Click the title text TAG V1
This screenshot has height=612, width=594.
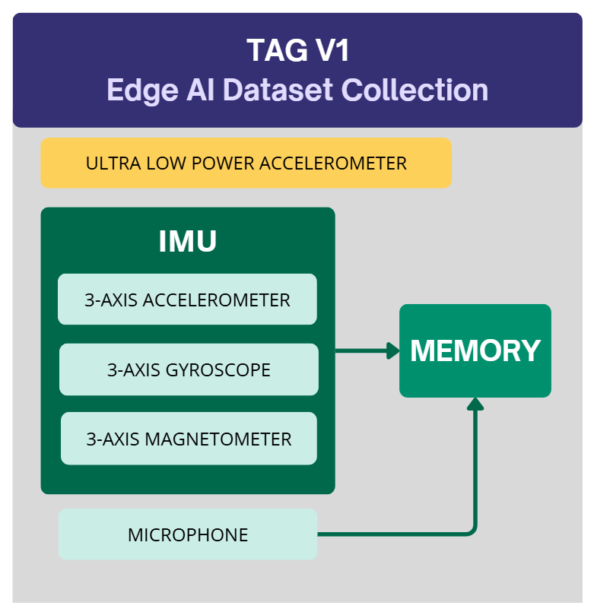(297, 51)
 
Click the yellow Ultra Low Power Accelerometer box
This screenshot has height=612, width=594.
(246, 163)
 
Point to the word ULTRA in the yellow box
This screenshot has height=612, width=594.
(108, 163)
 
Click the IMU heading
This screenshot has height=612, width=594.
(187, 241)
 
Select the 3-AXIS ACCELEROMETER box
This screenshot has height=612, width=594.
(187, 300)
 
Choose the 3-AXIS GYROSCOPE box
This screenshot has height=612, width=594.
(189, 369)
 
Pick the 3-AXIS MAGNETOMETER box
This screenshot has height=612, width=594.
(189, 439)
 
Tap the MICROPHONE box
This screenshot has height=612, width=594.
(187, 534)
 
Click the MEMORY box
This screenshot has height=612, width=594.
(475, 350)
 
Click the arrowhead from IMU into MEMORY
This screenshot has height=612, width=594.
(393, 350)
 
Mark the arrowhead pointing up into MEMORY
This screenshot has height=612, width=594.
(475, 403)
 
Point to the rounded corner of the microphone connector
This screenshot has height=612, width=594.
(472, 531)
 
